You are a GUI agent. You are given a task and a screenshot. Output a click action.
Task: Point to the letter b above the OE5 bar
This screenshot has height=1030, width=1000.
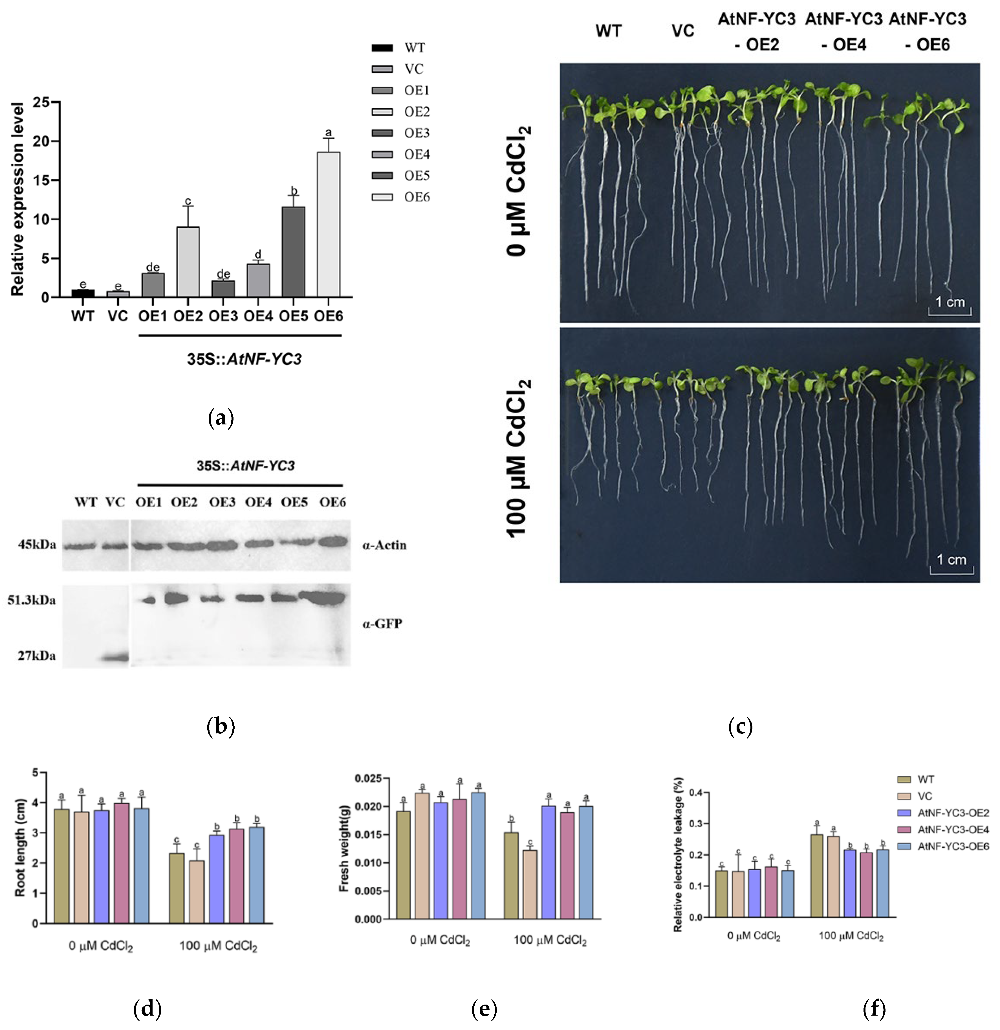click(x=294, y=191)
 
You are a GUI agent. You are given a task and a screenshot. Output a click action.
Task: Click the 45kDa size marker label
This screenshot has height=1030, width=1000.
click(x=37, y=544)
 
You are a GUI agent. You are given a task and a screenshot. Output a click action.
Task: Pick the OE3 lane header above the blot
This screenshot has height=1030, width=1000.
click(x=222, y=502)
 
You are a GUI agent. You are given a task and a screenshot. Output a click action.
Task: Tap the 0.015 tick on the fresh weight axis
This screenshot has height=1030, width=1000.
click(x=368, y=834)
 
